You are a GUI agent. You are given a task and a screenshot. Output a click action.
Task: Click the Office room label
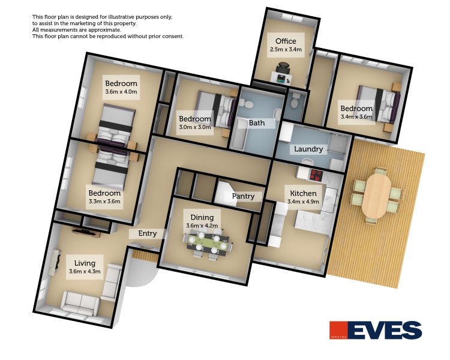tap(286, 41)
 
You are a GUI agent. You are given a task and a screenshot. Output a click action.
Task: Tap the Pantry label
tap(243, 196)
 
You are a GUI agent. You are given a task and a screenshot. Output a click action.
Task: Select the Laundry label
tap(308, 149)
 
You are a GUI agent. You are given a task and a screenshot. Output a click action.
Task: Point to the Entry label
tap(148, 233)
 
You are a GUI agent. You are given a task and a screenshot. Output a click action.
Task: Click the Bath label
tap(257, 123)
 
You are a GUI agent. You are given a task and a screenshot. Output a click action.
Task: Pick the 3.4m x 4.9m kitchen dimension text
tap(303, 202)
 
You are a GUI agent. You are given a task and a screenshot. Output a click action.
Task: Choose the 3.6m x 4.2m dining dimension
tap(202, 226)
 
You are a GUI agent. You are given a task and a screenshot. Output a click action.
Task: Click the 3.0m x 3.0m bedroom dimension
tap(195, 127)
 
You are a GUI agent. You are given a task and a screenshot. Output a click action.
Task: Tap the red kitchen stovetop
tap(317, 175)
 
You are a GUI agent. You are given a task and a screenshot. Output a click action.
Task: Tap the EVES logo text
tap(386, 330)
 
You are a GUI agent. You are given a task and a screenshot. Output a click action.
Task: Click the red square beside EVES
tap(338, 330)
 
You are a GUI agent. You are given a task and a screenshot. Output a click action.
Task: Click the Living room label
tap(85, 263)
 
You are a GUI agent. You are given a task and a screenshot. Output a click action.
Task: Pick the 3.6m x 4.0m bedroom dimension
tap(121, 92)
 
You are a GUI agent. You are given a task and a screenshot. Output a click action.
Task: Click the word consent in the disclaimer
tap(172, 37)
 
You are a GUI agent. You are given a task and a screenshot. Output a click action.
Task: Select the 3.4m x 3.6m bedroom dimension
tap(356, 116)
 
